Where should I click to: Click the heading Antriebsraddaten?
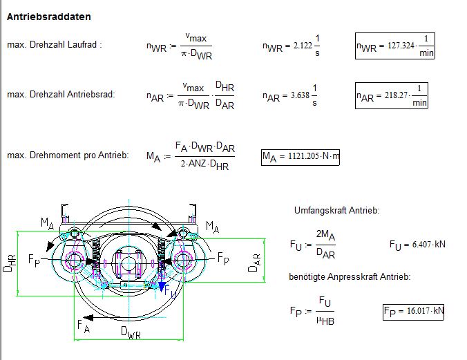[49, 17]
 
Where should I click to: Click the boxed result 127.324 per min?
[395, 46]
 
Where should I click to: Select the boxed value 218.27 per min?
[391, 95]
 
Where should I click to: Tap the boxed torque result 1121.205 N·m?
[301, 157]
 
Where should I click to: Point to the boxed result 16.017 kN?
[413, 312]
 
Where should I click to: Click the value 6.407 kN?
[417, 245]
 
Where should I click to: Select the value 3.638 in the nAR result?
[300, 95]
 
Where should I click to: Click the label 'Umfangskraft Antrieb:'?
[337, 210]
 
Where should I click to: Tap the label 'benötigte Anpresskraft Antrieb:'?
[350, 277]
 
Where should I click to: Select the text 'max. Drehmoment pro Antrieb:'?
[68, 155]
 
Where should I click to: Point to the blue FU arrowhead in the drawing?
[162, 287]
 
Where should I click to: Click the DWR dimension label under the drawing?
[131, 332]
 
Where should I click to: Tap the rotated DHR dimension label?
[9, 263]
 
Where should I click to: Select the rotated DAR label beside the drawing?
[254, 263]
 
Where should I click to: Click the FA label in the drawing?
[84, 326]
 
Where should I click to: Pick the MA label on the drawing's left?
[48, 223]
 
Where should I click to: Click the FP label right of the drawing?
[223, 258]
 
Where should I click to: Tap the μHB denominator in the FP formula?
[325, 321]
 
